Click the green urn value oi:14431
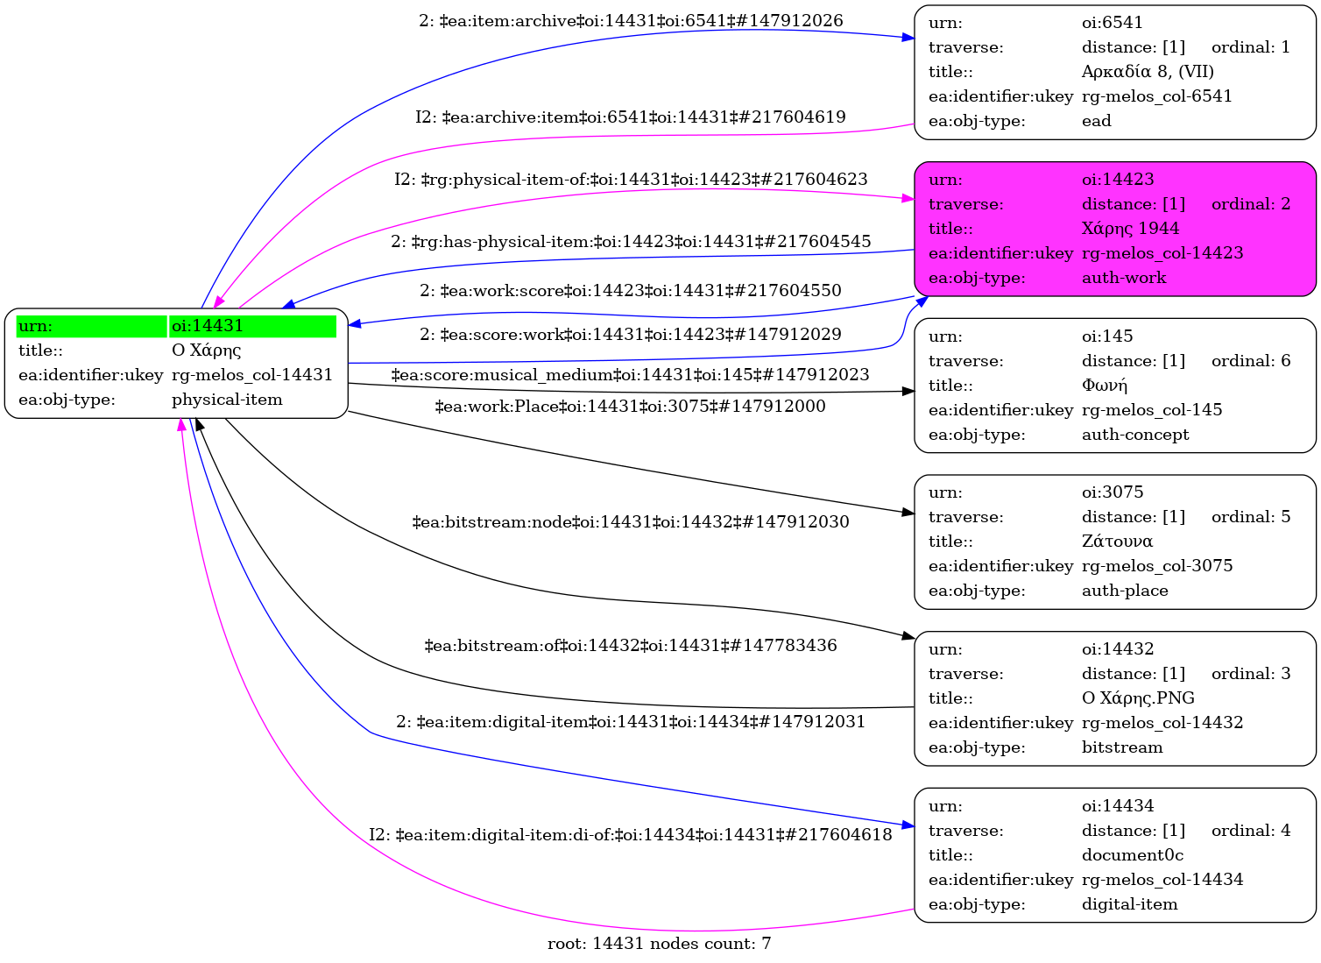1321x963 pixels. click(208, 326)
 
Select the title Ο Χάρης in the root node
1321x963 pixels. click(206, 351)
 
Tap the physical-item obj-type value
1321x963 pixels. click(227, 400)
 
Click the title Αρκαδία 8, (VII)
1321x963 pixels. click(1148, 72)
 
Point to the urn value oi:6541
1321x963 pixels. click(1112, 23)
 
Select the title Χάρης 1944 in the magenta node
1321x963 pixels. click(1130, 229)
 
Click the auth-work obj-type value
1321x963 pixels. click(1124, 278)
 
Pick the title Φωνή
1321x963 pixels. click(1105, 386)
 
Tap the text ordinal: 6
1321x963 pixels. click(1250, 361)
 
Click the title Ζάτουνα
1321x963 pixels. click(1117, 542)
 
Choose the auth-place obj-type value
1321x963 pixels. click(1125, 591)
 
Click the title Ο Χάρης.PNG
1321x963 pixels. click(1138, 698)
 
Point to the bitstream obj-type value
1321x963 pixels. click(1122, 747)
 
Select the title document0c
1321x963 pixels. click(1132, 855)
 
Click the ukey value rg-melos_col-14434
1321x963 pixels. click(1162, 880)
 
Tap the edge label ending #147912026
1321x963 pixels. click(631, 21)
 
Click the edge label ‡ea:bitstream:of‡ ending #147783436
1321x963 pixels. click(631, 646)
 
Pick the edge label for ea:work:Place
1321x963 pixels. click(631, 407)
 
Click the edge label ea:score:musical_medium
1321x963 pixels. click(631, 375)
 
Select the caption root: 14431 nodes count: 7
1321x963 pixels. click(659, 944)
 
